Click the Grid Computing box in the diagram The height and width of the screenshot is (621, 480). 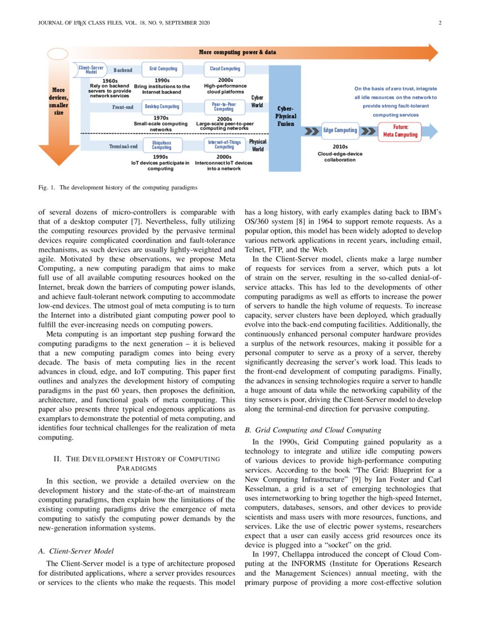pyautogui.click(x=163, y=69)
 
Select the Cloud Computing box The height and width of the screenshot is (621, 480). pyautogui.click(x=225, y=69)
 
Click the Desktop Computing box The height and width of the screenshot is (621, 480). pyautogui.click(x=162, y=106)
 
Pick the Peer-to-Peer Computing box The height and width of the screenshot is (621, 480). pyautogui.click(x=224, y=106)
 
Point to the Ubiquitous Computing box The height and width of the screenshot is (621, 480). pyautogui.click(x=162, y=145)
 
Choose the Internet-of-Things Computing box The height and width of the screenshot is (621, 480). pyautogui.click(x=224, y=145)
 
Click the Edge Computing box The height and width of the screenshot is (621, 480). pyautogui.click(x=340, y=130)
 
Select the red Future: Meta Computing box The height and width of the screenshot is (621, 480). pyautogui.click(x=400, y=131)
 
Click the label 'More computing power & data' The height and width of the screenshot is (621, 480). pyautogui.click(x=237, y=53)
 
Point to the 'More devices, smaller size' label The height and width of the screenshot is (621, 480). pyautogui.click(x=58, y=101)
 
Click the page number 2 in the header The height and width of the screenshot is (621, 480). pyautogui.click(x=439, y=23)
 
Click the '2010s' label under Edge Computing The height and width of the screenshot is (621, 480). pyautogui.click(x=340, y=146)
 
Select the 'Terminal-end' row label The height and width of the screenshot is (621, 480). pyautogui.click(x=123, y=146)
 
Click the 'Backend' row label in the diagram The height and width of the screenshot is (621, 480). pyautogui.click(x=123, y=70)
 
